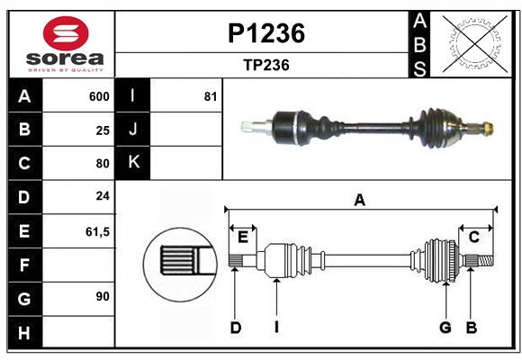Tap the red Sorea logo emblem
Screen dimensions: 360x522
(x=66, y=35)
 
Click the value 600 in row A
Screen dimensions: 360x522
(x=99, y=96)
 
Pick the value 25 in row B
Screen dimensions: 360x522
(x=103, y=130)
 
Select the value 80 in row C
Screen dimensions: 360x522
(x=103, y=164)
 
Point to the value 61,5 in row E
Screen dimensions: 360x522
(x=97, y=231)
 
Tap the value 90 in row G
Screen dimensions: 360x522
(x=103, y=295)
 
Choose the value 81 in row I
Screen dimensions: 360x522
(x=211, y=96)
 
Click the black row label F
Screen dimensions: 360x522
(x=24, y=265)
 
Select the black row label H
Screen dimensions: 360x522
(x=24, y=332)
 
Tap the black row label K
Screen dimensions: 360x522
(x=133, y=163)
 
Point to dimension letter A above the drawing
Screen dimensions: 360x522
(x=359, y=200)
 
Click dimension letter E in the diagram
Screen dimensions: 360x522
(x=242, y=237)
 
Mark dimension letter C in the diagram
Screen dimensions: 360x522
(x=473, y=237)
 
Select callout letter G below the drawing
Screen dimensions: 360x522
(x=445, y=328)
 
